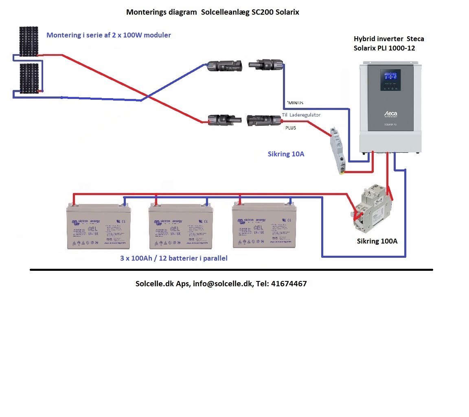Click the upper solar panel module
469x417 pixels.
coord(28,41)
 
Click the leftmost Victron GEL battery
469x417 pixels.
coord(99,226)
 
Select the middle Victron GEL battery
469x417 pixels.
coord(181,226)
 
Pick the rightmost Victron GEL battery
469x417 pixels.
coord(264,226)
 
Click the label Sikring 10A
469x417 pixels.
coord(286,154)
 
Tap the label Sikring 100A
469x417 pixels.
coord(377,241)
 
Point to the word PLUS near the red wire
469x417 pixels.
coord(290,128)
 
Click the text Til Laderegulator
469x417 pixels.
coord(301,115)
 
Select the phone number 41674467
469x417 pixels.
coord(289,284)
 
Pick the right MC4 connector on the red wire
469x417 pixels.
coord(264,120)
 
